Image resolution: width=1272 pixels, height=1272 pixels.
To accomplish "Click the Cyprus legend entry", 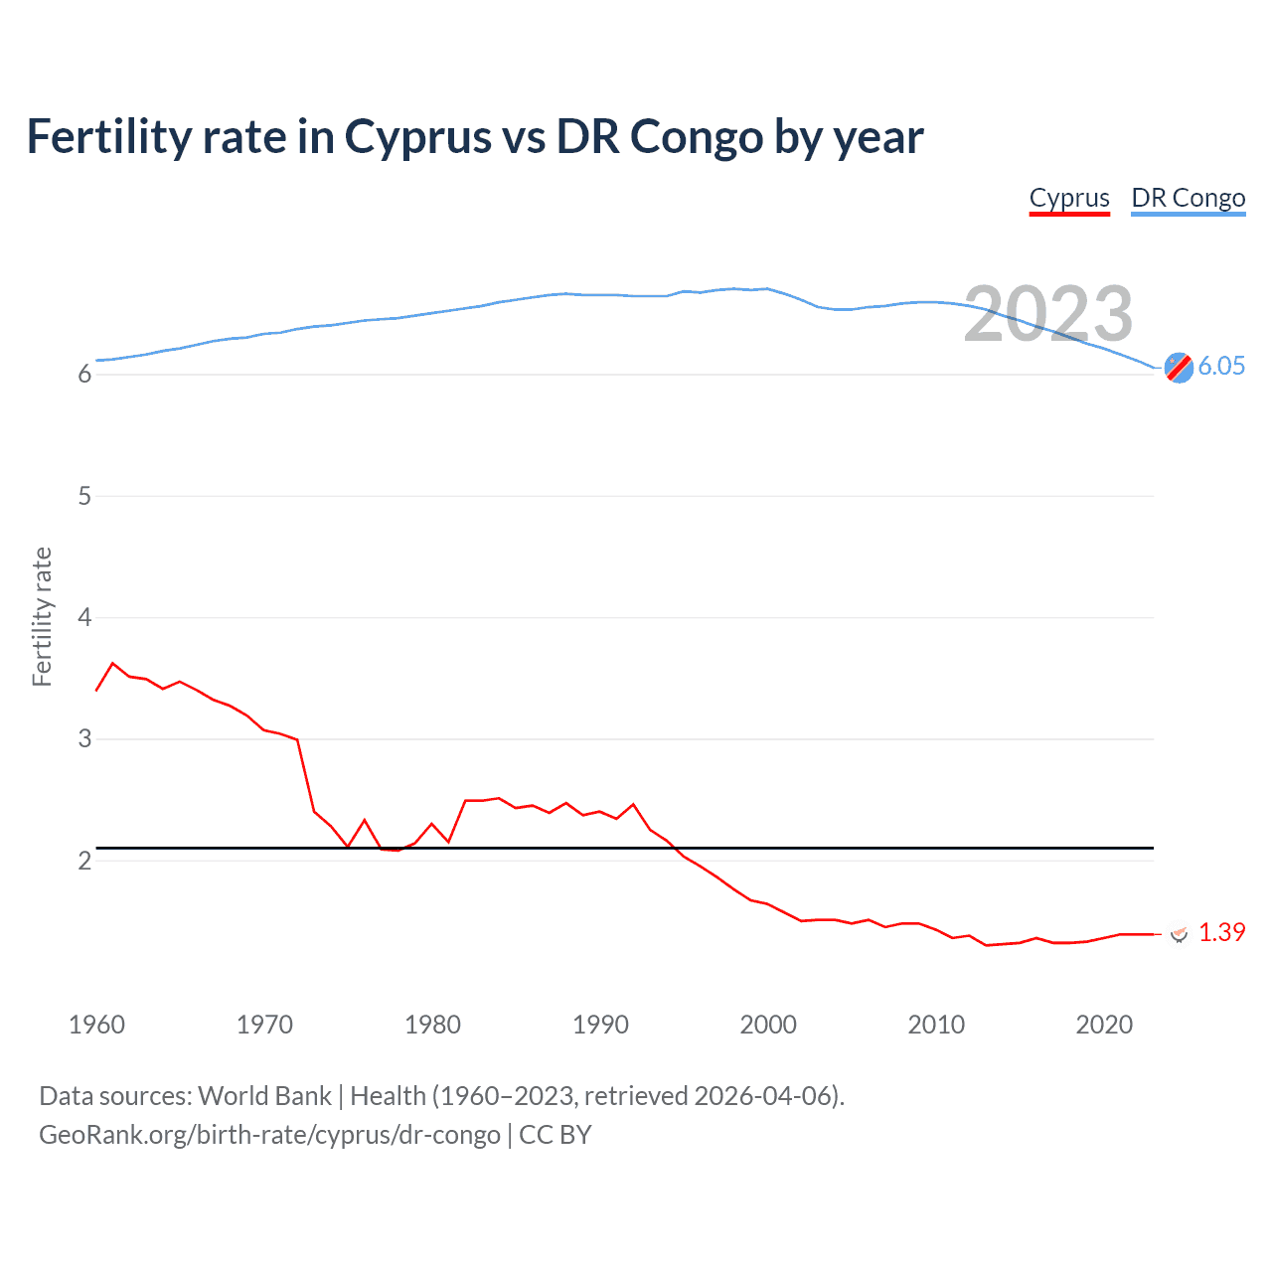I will coord(1069,198).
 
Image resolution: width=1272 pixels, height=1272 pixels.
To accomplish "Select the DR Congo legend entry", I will coord(1188,198).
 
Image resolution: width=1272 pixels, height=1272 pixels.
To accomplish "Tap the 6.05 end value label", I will coord(1221,366).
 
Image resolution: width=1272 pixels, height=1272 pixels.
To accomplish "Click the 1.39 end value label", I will coord(1221,932).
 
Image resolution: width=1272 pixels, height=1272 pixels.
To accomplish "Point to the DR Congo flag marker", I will coord(1179,367).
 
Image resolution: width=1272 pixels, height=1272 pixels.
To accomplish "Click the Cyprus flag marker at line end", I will coord(1179,933).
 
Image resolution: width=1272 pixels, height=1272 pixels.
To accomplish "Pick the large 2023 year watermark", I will coord(1048,314).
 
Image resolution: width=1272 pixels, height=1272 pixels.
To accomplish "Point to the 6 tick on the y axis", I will coord(84,375).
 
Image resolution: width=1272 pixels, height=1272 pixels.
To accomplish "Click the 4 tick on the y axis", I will coord(84,617).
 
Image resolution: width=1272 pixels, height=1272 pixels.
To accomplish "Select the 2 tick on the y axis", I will coord(84,861).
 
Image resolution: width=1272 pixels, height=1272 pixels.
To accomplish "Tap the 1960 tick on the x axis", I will coord(96,1025).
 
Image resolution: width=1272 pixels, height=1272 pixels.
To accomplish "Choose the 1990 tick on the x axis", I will coord(600,1025).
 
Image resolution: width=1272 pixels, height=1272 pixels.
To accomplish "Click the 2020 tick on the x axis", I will coord(1104,1025).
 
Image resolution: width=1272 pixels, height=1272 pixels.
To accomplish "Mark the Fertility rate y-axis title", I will coord(42,616).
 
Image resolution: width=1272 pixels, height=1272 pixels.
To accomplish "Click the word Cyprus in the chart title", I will coord(417,137).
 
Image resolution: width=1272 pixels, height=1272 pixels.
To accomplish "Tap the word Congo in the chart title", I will coord(696,137).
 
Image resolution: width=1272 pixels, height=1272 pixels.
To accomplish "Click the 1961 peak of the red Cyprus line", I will coord(112,663).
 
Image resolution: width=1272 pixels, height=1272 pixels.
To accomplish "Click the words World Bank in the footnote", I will coord(264,1096).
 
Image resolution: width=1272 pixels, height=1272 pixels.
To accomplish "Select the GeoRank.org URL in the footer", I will coord(269,1135).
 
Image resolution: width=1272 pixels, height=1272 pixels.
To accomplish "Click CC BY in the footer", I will coord(556,1135).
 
